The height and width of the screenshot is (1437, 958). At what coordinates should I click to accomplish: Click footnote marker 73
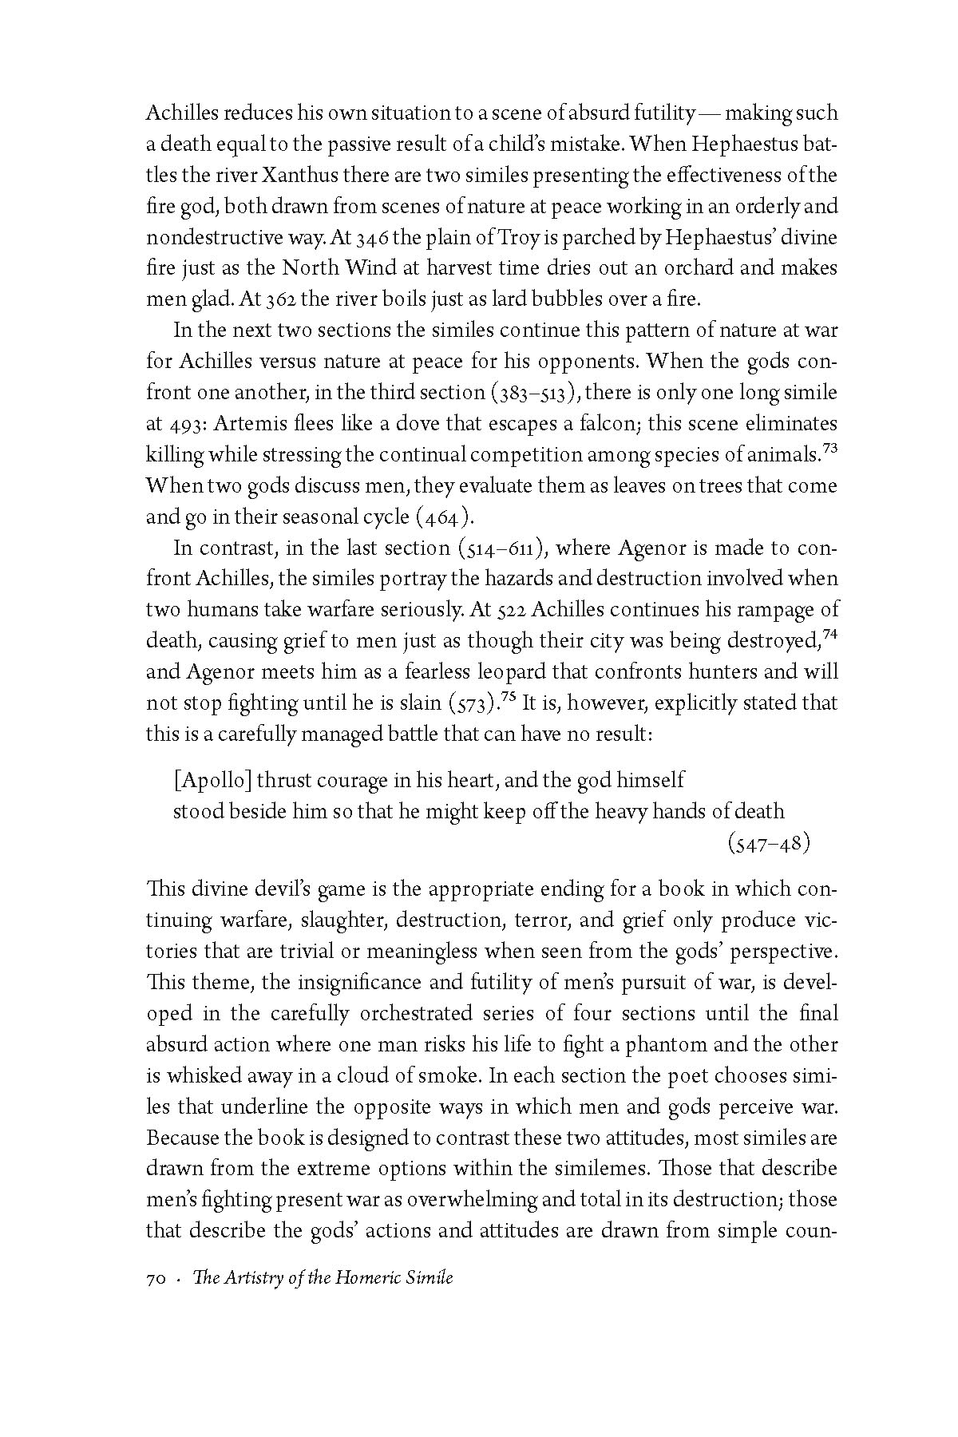pos(829,449)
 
